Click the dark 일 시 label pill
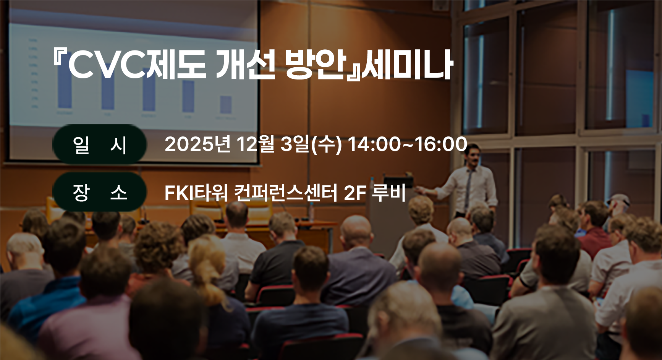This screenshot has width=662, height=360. click(x=99, y=144)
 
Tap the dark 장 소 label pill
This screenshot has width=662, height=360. click(x=99, y=192)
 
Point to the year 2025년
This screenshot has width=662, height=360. click(x=197, y=144)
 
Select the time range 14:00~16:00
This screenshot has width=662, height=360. click(x=407, y=144)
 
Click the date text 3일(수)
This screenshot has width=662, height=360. click(x=311, y=144)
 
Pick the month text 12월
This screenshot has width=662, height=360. click(x=256, y=144)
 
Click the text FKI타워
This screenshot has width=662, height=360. click(x=196, y=192)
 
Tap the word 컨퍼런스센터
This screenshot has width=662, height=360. click(x=286, y=192)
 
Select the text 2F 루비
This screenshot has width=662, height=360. click(x=375, y=192)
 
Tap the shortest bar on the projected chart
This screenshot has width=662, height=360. click(x=226, y=104)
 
